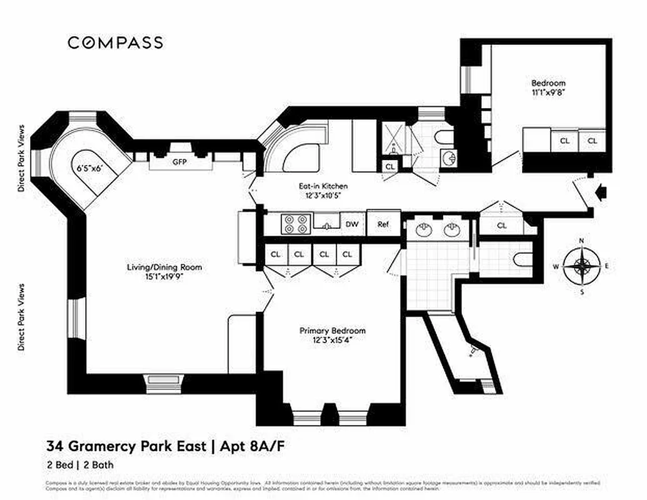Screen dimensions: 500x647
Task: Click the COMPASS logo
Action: [115, 42]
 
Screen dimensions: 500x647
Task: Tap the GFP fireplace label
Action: [180, 161]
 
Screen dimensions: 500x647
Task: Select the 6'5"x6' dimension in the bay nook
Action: [88, 168]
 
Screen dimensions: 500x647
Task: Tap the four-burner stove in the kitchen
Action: [295, 224]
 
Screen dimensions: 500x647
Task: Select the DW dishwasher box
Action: [352, 224]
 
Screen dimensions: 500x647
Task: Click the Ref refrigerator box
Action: [383, 224]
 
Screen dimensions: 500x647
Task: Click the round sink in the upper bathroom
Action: [448, 157]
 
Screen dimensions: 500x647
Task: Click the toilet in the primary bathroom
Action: [521, 257]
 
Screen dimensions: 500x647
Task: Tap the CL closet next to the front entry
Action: [502, 225]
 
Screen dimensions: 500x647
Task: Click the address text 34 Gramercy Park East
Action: [125, 446]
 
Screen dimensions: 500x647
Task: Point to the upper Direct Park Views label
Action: [22, 158]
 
